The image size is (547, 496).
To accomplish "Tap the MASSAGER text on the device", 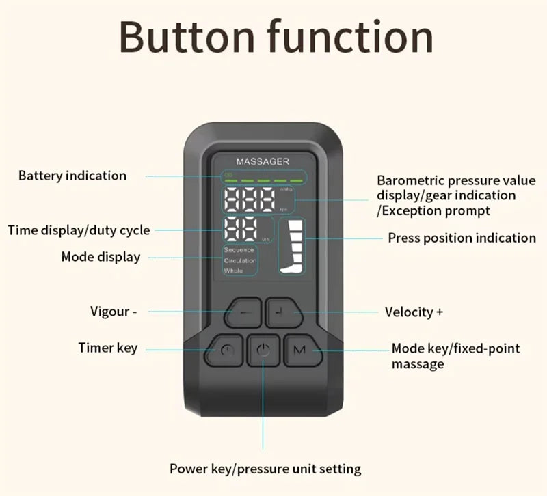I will click(x=263, y=161).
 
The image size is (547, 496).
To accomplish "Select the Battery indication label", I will click(x=72, y=176).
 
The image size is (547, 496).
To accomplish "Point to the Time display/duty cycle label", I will click(x=79, y=230).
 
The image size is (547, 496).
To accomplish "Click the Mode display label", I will click(x=101, y=257).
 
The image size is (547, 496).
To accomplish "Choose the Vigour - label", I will click(x=114, y=312).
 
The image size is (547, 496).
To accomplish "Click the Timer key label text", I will click(x=107, y=348).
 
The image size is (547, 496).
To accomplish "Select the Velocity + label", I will click(x=414, y=312).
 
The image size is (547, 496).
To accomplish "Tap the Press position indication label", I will click(x=462, y=238).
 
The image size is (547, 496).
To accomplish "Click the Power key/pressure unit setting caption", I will click(x=265, y=469).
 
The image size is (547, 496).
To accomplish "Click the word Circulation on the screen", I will click(x=240, y=260).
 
